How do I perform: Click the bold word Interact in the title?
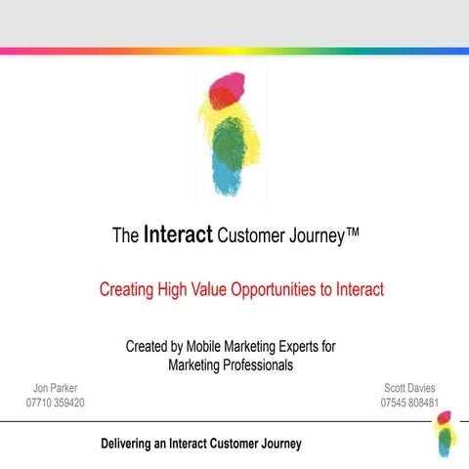pyautogui.click(x=178, y=234)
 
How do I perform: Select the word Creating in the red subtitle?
pyautogui.click(x=128, y=289)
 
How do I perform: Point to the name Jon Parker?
pyautogui.click(x=56, y=388)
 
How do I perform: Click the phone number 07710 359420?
pyautogui.click(x=56, y=403)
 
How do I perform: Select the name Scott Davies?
pyautogui.click(x=409, y=388)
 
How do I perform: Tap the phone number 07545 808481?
pyautogui.click(x=409, y=403)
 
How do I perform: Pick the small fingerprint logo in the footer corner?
pyautogui.click(x=444, y=433)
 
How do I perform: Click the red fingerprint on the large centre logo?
pyautogui.click(x=225, y=89)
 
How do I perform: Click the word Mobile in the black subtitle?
pyautogui.click(x=211, y=347)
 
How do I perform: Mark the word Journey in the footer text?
pyautogui.click(x=277, y=444)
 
